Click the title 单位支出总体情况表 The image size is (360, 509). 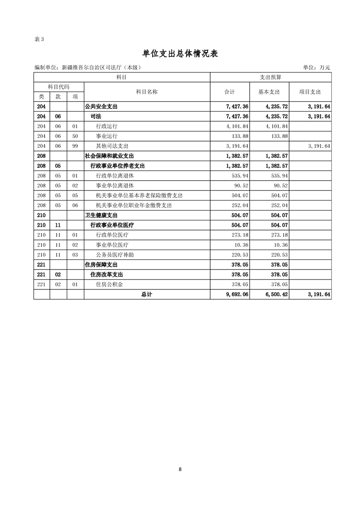[180, 54]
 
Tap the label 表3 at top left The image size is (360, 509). [39, 39]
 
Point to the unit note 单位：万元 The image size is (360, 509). [316, 68]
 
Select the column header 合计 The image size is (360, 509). [230, 92]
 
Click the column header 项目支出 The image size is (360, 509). [310, 92]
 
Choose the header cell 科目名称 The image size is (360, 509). [147, 92]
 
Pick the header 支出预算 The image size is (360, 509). [271, 78]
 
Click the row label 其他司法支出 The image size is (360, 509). [112, 146]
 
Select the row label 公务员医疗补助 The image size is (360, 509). [115, 255]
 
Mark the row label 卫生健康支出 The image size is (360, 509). [101, 215]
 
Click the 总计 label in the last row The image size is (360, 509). [147, 294]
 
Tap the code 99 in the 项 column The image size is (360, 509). [75, 146]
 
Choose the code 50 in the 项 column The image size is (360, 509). [75, 136]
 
